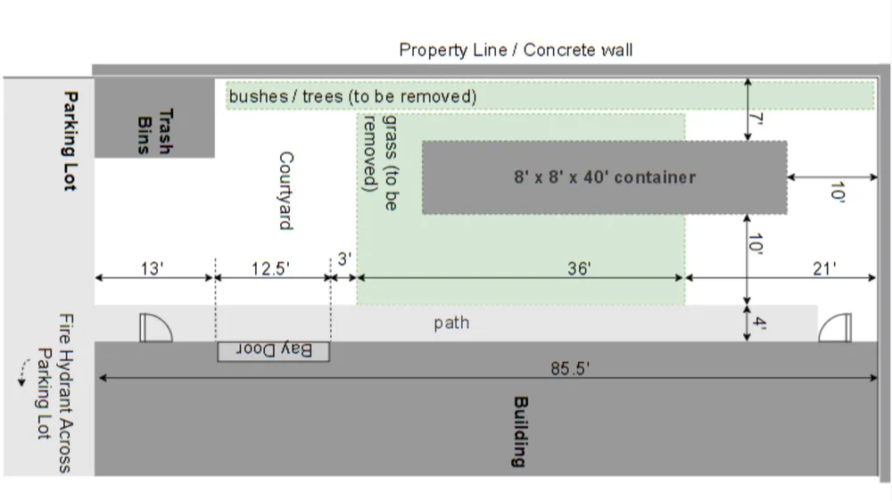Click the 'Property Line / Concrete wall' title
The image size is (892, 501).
coord(516,50)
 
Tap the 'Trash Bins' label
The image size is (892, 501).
coord(154,131)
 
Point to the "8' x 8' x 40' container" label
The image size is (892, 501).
coord(604,177)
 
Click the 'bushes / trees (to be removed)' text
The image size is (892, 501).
coord(352,95)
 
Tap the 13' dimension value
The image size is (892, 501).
coord(153,267)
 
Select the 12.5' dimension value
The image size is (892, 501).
coord(270,267)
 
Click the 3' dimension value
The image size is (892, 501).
coord(344,259)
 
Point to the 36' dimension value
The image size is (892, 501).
coord(579,267)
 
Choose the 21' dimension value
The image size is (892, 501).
coord(823,267)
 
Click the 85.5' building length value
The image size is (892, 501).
coord(570,368)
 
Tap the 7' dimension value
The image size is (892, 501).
coord(760,119)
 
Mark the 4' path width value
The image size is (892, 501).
coord(759,323)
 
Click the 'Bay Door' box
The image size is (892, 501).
coord(274,351)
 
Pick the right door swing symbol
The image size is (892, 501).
coord(835,327)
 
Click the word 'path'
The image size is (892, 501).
coord(451,323)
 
